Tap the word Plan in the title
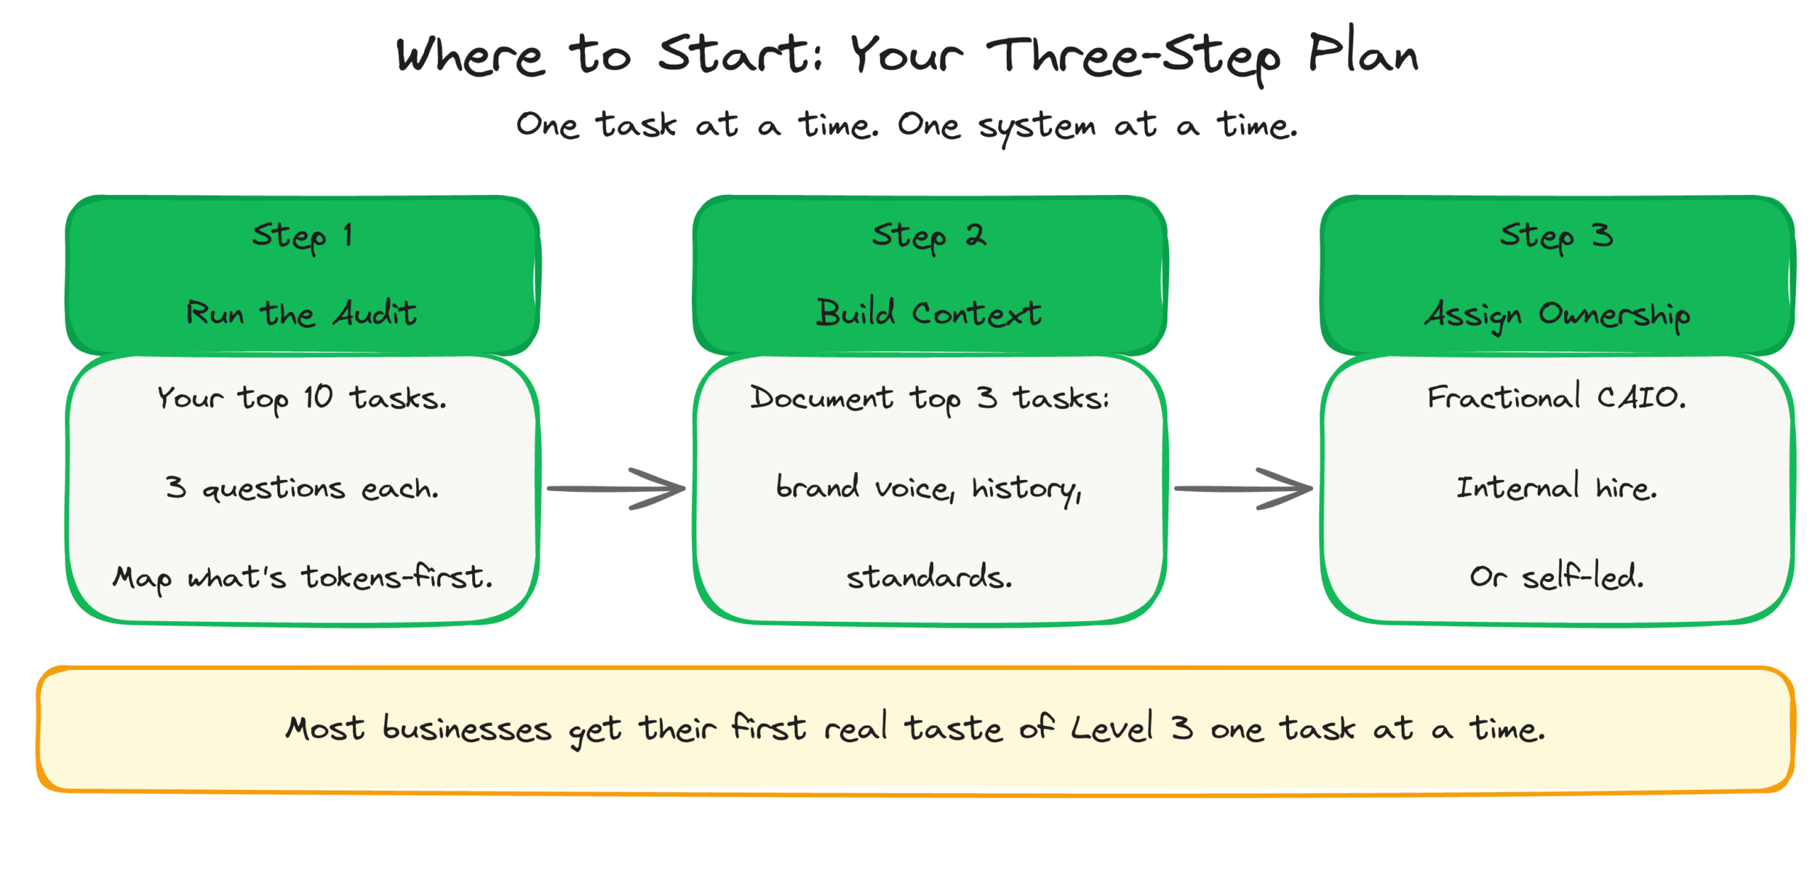pos(1362,55)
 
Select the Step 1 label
pos(302,235)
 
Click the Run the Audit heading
pos(302,313)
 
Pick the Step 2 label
pos(929,235)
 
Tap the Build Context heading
pos(929,313)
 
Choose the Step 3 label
pos(1556,235)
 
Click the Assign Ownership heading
pos(1557,314)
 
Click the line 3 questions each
pos(302,488)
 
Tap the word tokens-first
pos(397,576)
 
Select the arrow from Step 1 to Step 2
pos(615,488)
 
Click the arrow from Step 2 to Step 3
pos(1243,488)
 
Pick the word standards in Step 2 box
pos(929,576)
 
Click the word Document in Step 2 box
pos(821,397)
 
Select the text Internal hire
pos(1556,488)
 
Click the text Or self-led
pos(1556,576)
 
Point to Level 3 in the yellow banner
pos(1132,728)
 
